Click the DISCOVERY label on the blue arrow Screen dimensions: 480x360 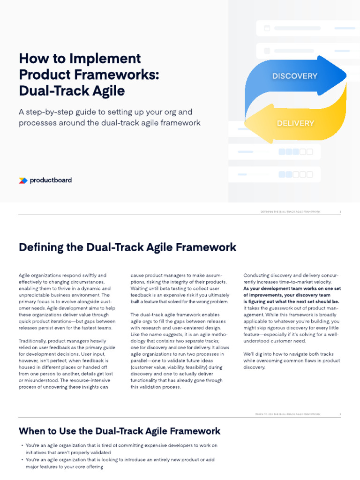coord(295,76)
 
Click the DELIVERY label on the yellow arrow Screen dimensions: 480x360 coord(295,123)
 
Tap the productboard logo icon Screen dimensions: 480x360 coord(22,180)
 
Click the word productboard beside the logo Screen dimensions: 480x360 coord(51,180)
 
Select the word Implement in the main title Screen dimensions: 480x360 coord(111,59)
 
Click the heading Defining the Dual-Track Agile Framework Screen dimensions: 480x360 coord(127,247)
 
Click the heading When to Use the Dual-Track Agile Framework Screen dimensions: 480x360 coord(120,431)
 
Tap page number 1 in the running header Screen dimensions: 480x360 coord(340,212)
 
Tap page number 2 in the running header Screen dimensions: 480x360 coord(340,414)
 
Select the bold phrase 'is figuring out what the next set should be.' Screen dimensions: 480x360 coord(291,301)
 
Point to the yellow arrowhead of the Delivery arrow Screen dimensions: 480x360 coord(255,125)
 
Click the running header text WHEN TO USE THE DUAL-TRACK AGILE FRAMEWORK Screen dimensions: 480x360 coord(288,414)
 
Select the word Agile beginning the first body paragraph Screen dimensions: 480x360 coord(24,275)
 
